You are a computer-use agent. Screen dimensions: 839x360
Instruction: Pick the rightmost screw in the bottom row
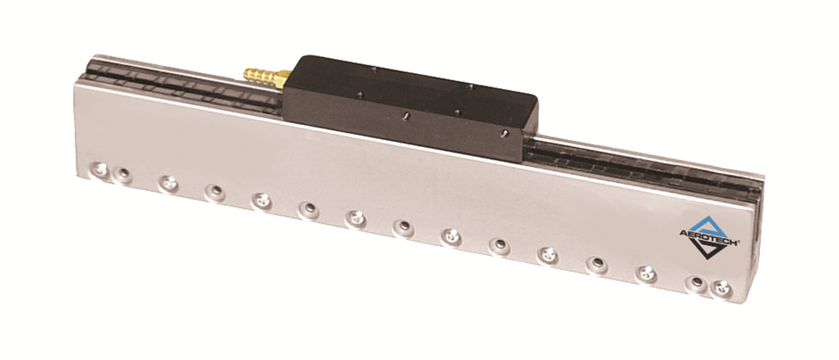tap(722, 289)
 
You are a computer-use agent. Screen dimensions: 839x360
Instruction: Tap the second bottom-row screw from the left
tap(123, 175)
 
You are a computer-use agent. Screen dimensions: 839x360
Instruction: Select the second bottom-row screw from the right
tap(696, 282)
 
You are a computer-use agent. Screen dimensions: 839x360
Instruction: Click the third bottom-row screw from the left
tap(169, 184)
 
